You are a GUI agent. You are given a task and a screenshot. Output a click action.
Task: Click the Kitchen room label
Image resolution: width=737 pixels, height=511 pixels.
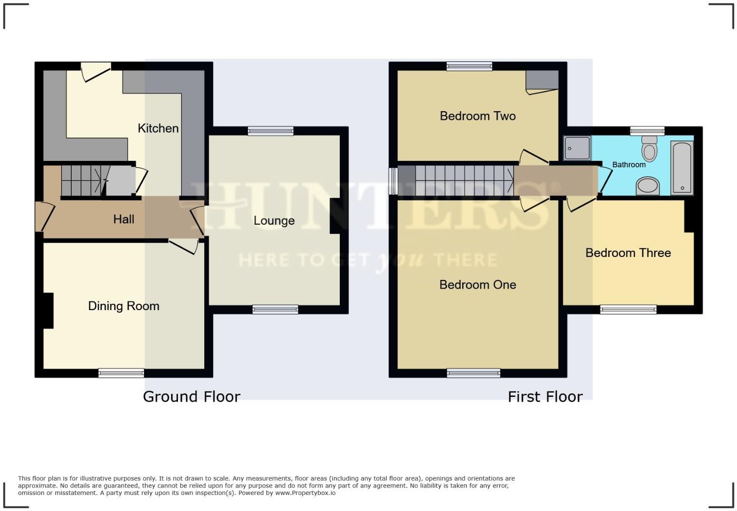click(x=158, y=128)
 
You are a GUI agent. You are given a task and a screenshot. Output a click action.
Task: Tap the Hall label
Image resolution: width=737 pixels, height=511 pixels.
click(x=123, y=219)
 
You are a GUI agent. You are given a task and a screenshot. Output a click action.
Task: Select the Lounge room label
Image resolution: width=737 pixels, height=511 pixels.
click(x=274, y=220)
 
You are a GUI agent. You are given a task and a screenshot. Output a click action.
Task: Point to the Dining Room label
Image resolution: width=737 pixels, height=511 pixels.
click(x=123, y=306)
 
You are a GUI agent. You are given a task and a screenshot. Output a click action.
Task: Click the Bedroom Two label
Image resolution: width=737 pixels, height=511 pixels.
click(x=477, y=116)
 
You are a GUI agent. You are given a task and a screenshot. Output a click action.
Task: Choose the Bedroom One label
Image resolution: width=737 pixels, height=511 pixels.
click(x=477, y=285)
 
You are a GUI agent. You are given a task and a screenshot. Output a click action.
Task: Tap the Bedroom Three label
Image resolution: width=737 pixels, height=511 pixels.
click(x=628, y=253)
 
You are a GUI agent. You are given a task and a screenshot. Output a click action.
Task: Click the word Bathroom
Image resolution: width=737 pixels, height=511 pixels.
click(x=629, y=165)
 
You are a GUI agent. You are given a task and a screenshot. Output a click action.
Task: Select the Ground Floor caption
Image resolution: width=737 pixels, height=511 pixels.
click(x=192, y=396)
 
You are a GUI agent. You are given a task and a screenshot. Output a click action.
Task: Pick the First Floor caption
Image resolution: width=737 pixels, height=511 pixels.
click(x=545, y=396)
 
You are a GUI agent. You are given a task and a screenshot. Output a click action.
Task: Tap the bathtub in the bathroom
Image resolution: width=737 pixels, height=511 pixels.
click(x=681, y=168)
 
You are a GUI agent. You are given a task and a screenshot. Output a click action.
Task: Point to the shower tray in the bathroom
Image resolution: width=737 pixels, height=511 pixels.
click(x=577, y=148)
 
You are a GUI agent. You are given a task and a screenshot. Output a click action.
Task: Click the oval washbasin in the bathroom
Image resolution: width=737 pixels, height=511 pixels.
click(x=648, y=186)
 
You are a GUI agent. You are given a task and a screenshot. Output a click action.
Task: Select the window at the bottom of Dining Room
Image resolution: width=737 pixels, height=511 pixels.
click(x=121, y=373)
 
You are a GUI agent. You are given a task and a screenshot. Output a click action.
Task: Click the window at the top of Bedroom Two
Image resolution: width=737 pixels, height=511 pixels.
click(x=469, y=66)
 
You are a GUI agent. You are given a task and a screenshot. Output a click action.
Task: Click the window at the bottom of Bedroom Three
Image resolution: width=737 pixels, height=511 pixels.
click(x=628, y=309)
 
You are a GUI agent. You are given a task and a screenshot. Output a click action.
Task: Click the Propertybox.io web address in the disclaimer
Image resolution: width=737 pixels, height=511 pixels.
click(x=305, y=493)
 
